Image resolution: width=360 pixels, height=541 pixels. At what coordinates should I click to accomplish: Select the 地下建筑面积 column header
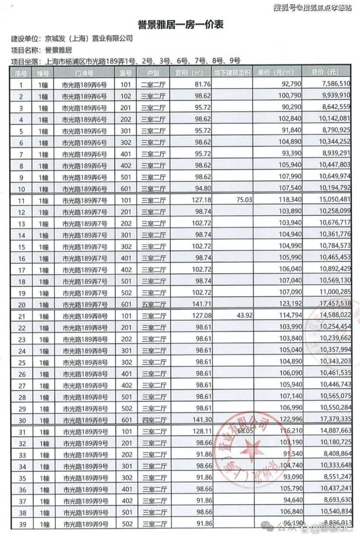tap(233, 73)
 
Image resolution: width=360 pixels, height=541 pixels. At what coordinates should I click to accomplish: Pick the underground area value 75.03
tap(243, 199)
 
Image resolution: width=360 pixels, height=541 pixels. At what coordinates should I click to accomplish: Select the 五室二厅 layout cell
tap(153, 304)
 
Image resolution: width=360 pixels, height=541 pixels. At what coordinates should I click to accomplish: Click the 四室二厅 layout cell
tap(153, 419)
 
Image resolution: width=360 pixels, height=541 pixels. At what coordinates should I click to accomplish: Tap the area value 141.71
tap(198, 304)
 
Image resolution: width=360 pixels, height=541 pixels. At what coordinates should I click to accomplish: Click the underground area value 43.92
tap(243, 316)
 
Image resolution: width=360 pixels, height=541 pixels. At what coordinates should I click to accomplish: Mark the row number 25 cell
tap(21, 362)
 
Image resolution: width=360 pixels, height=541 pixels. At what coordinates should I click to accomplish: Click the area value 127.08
tap(198, 316)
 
